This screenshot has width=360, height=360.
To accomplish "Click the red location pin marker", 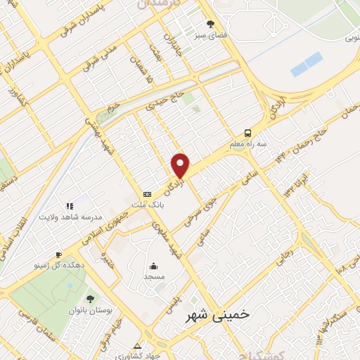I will pos(181,165).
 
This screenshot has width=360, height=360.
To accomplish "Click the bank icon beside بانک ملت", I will pos(147,194).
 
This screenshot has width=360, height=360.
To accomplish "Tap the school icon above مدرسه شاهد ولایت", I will pos(70,206).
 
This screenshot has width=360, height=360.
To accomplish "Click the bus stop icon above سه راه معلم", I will pos(247,133).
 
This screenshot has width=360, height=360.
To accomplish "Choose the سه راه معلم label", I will pos(247,144).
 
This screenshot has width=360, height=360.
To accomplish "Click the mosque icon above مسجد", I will pos(153,266).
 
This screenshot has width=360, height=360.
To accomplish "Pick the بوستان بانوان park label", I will pos(89,310).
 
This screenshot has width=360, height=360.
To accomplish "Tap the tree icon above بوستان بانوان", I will pos(89,299).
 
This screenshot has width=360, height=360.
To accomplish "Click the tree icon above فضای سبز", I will pos(210,25).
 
